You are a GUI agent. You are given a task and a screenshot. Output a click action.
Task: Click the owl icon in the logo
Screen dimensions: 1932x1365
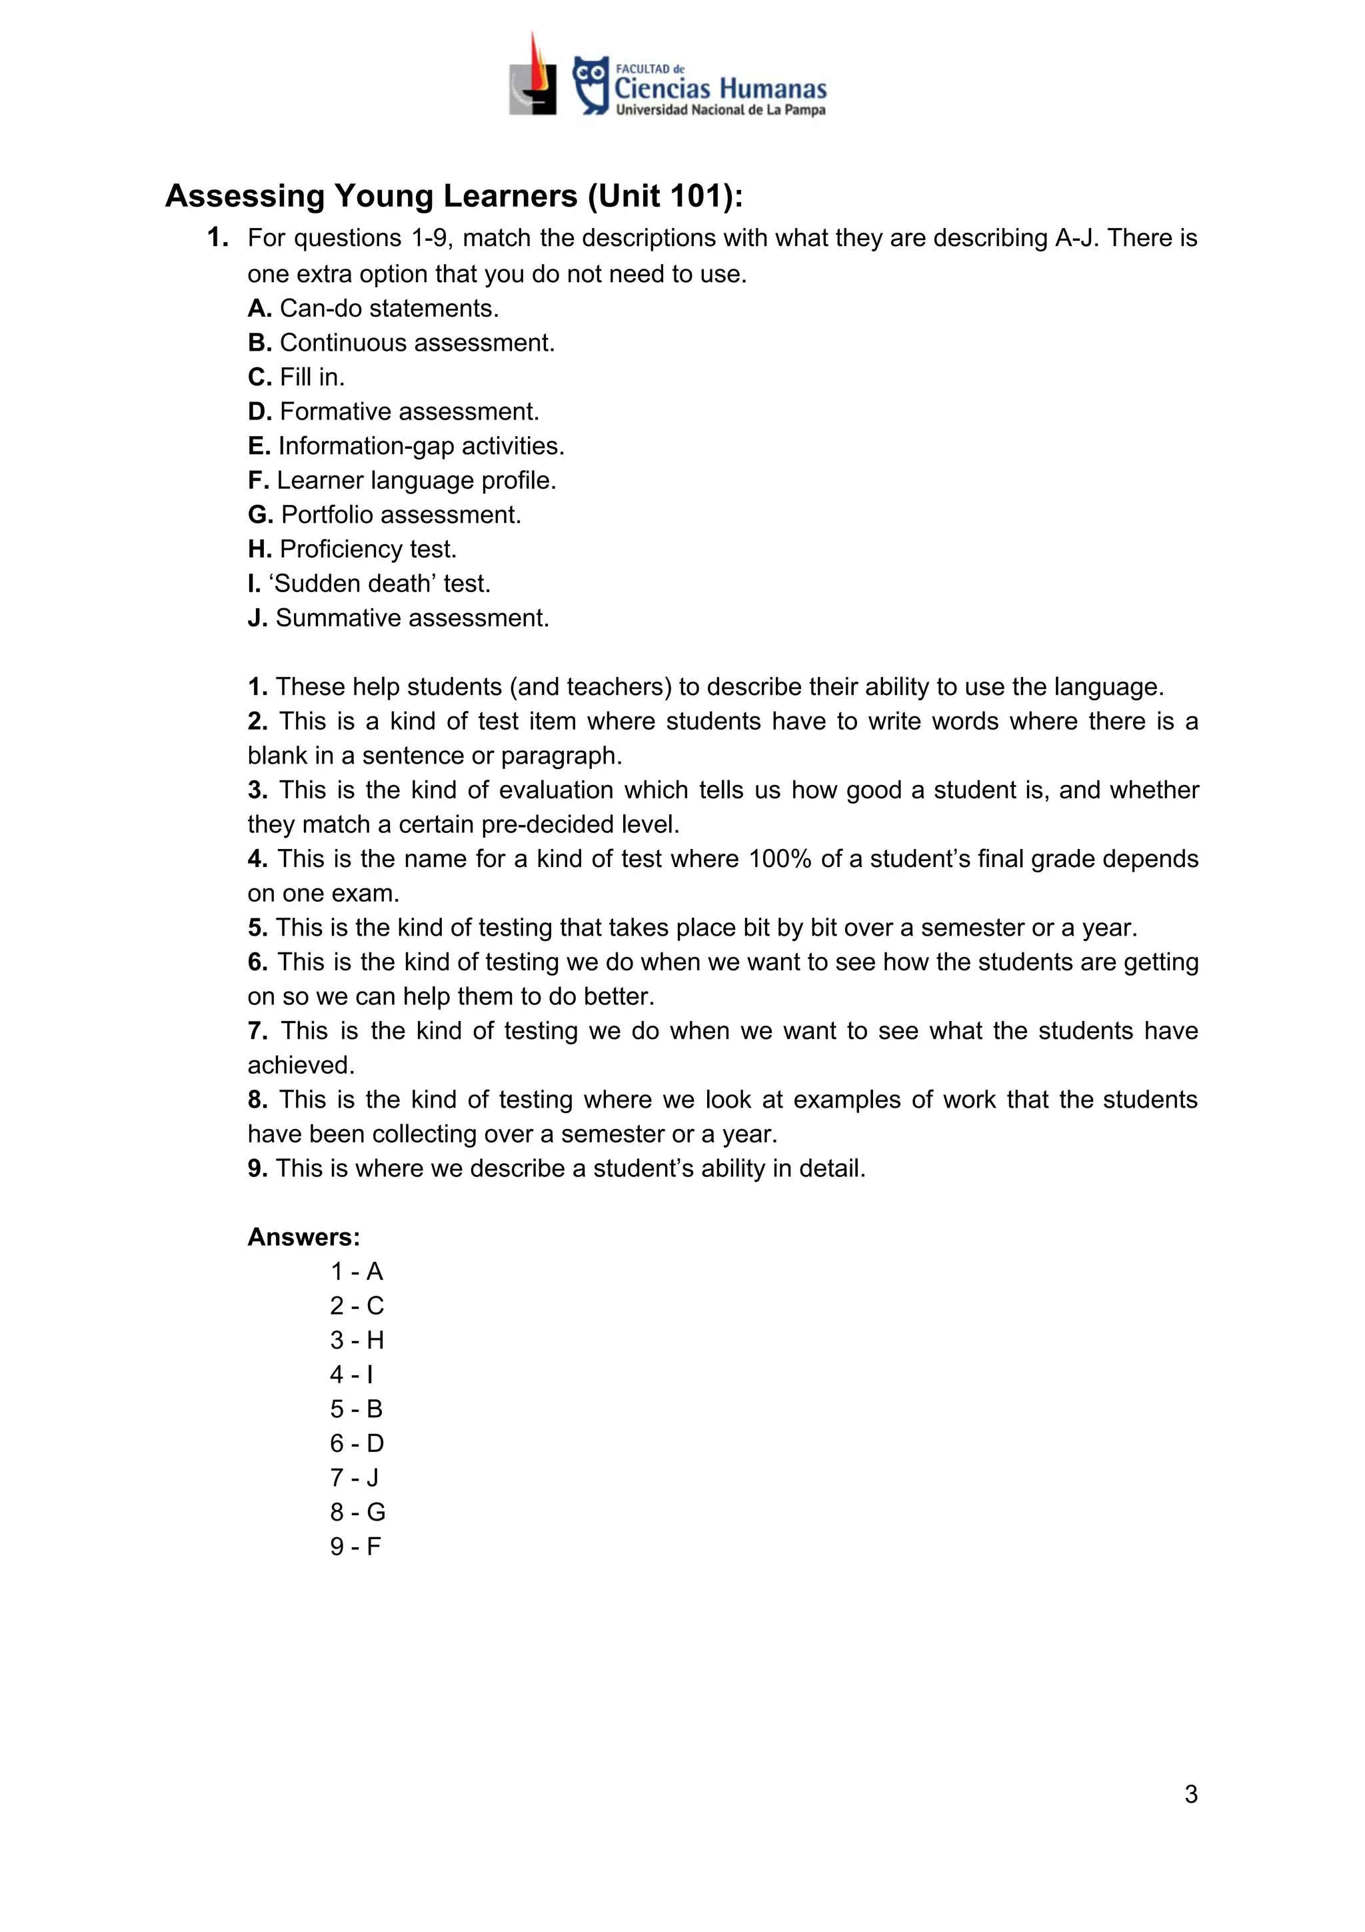point(591,84)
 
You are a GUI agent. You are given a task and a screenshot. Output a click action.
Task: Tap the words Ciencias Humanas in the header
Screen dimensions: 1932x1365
point(720,88)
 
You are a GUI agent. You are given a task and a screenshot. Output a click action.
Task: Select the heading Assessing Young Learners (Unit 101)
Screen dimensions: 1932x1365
point(454,196)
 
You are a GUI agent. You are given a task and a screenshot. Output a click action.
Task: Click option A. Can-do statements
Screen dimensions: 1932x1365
point(373,309)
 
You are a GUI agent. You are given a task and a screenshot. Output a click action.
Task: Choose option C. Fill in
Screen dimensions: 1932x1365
point(296,377)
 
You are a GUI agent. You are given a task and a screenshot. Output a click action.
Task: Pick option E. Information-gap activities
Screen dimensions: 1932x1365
point(406,446)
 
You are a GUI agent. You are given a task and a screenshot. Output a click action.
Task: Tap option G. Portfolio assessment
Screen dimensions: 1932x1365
point(385,515)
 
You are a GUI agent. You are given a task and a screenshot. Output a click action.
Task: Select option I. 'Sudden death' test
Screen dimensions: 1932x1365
point(369,583)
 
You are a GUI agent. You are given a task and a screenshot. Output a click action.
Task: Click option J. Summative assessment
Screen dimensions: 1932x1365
point(398,618)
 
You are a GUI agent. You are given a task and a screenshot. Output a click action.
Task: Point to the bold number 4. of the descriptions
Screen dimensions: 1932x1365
point(257,859)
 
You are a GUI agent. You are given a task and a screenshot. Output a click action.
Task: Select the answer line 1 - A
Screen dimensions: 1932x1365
point(357,1272)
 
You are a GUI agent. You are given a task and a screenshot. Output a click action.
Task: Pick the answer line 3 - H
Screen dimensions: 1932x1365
point(357,1340)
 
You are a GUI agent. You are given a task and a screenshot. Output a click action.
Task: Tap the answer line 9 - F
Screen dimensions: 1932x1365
point(355,1547)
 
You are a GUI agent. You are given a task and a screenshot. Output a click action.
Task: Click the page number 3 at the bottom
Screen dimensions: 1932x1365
point(1190,1795)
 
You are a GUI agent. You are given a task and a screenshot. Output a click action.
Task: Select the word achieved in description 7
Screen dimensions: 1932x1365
point(300,1065)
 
